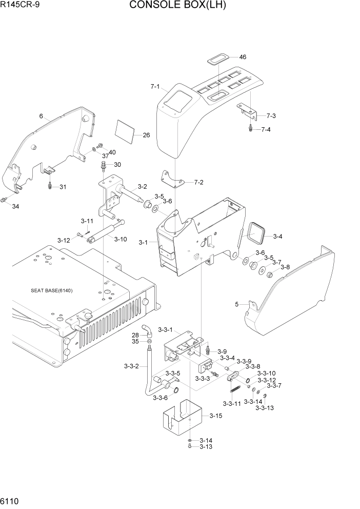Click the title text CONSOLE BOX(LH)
(177, 6)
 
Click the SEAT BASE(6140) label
(51, 290)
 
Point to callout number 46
(243, 57)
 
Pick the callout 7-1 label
(155, 87)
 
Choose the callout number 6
(41, 116)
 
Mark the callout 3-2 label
(142, 187)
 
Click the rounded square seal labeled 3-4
(256, 233)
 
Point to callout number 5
(237, 304)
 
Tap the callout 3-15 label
(215, 416)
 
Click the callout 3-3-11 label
(232, 404)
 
